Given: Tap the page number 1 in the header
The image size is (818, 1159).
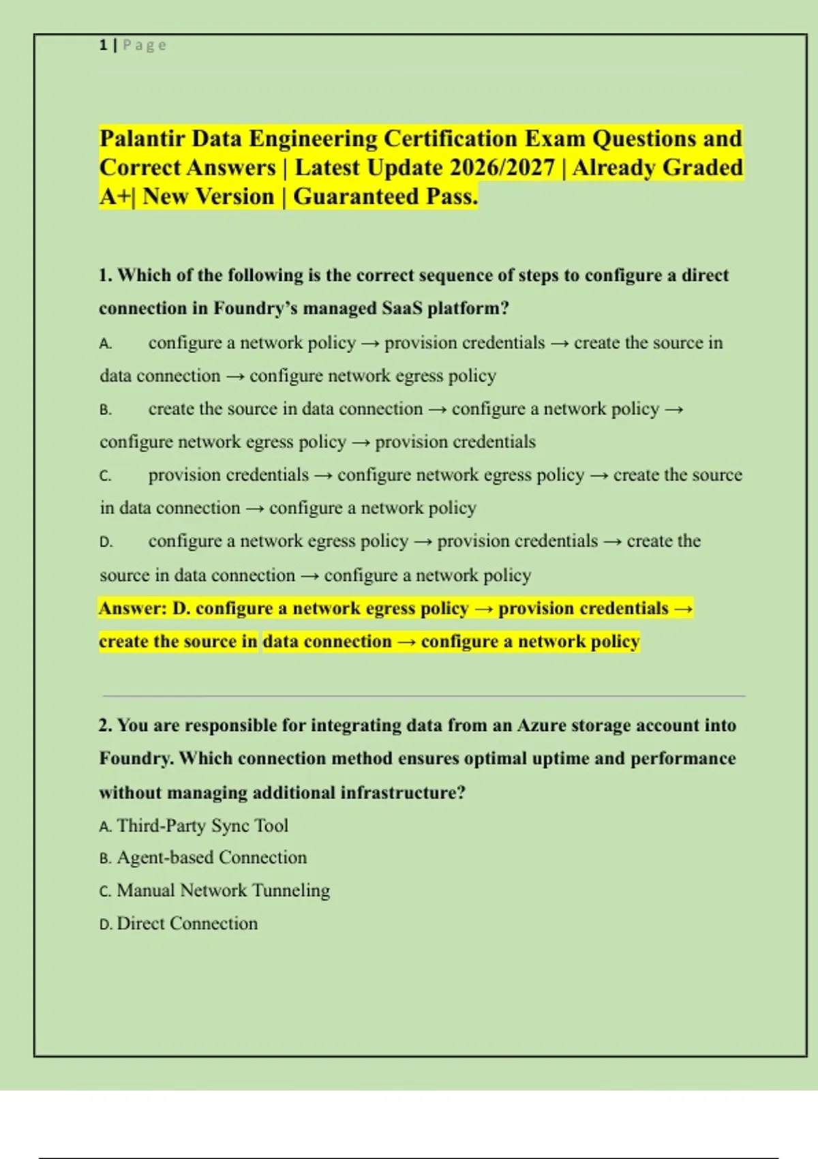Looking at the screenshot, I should click(103, 46).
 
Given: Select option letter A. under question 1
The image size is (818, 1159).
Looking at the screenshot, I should click(106, 344).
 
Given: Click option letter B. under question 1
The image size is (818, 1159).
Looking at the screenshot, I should click(106, 410).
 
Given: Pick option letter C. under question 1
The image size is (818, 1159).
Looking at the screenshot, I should click(106, 476).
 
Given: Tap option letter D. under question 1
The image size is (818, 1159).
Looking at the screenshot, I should click(106, 542).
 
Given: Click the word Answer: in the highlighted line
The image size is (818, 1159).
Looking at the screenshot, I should click(132, 608).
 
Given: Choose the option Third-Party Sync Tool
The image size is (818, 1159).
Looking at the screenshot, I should click(202, 826).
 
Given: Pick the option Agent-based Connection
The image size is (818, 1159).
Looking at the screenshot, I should click(211, 858).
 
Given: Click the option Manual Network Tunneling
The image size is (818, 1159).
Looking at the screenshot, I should click(223, 890).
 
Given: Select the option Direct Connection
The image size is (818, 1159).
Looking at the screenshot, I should click(187, 924).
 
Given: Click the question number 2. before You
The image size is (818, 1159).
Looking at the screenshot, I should click(105, 725).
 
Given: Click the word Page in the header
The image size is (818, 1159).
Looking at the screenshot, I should click(145, 46).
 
